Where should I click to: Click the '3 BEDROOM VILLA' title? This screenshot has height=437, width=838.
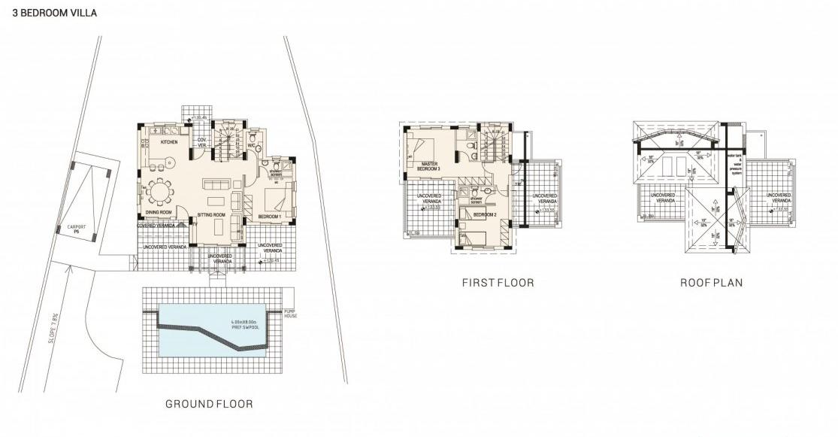click(x=50, y=14)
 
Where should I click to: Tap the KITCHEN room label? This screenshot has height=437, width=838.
click(x=168, y=141)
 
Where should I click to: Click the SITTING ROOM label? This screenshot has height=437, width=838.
click(x=212, y=215)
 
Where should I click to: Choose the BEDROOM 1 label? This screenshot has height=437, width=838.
click(x=269, y=217)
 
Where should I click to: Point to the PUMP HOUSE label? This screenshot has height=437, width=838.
click(x=292, y=313)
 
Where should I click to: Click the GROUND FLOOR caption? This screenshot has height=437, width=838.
click(x=209, y=404)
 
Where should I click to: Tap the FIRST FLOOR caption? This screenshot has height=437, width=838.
click(x=498, y=284)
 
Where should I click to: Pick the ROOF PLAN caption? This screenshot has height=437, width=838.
click(x=711, y=284)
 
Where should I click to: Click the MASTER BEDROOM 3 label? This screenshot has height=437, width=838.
click(x=429, y=166)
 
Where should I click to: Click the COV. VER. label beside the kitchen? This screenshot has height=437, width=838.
click(x=201, y=142)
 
